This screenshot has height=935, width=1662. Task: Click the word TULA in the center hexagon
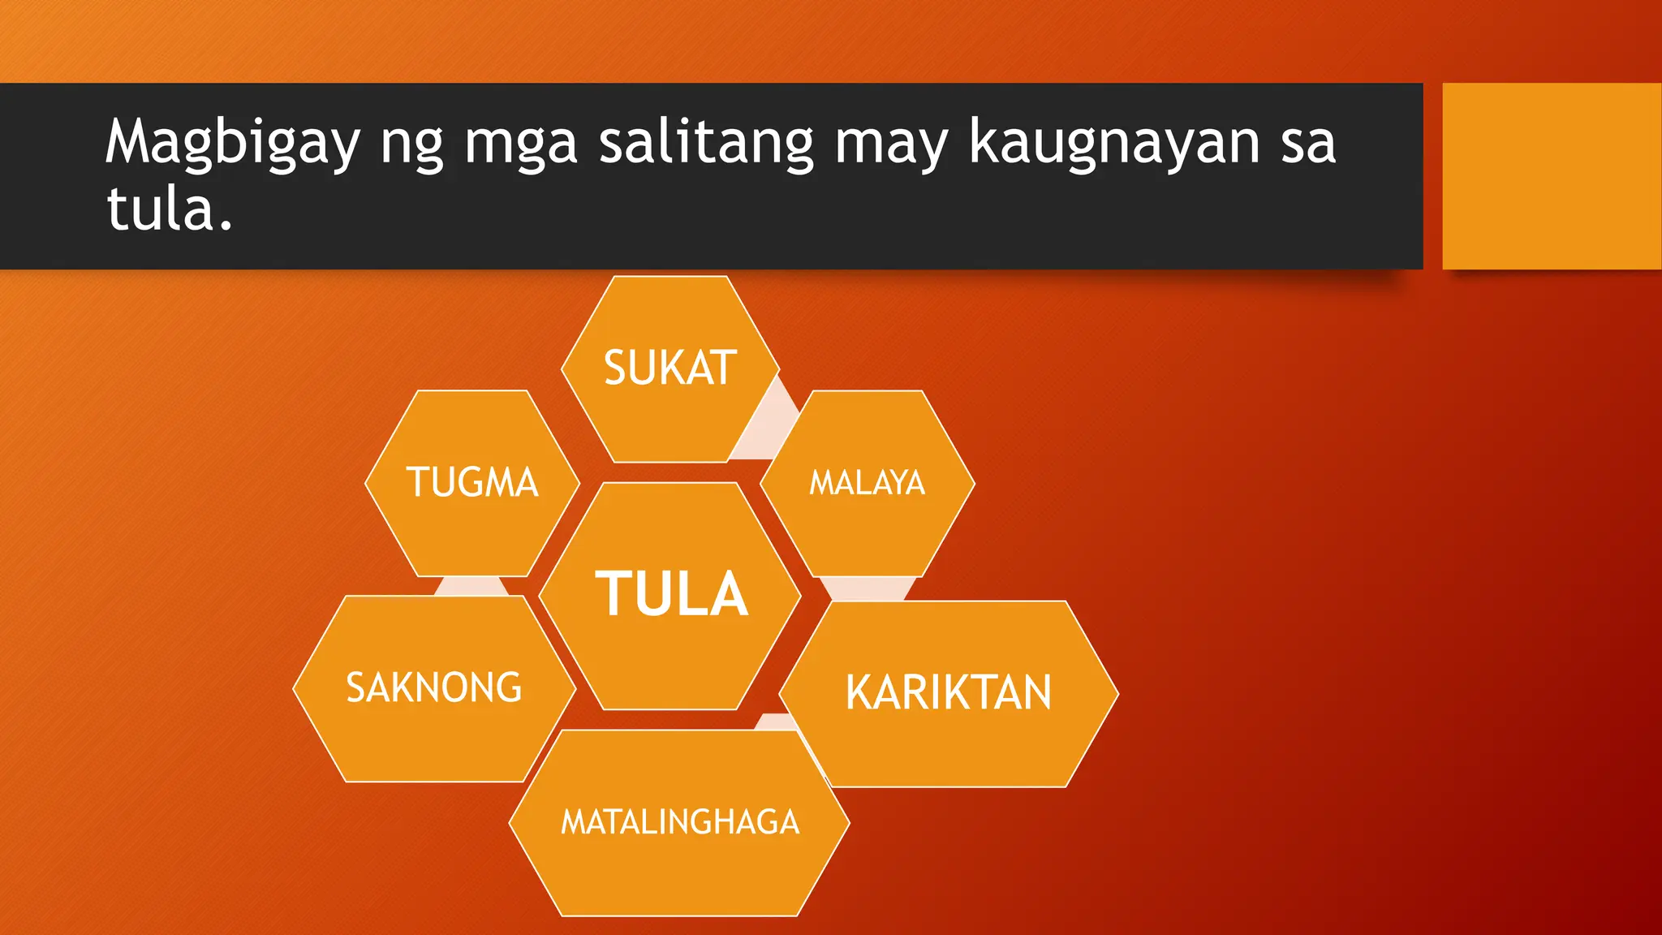point(671,594)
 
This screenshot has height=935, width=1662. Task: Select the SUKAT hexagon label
point(670,368)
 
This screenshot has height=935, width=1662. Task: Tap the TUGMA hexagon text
point(472,482)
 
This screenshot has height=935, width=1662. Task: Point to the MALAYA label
point(867,483)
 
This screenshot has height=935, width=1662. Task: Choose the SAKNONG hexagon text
point(434,687)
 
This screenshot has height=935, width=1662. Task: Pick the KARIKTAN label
point(948,692)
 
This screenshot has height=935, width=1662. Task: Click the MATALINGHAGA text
point(680,822)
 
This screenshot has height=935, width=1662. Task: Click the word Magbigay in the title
point(232,143)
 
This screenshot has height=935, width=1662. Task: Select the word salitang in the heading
point(705,143)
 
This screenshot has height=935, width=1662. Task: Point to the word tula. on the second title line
point(170,209)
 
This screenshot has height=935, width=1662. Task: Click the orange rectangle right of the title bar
point(1551,175)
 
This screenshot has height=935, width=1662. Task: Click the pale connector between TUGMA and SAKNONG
point(471,586)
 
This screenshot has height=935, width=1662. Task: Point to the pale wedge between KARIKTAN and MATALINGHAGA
point(775,722)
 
